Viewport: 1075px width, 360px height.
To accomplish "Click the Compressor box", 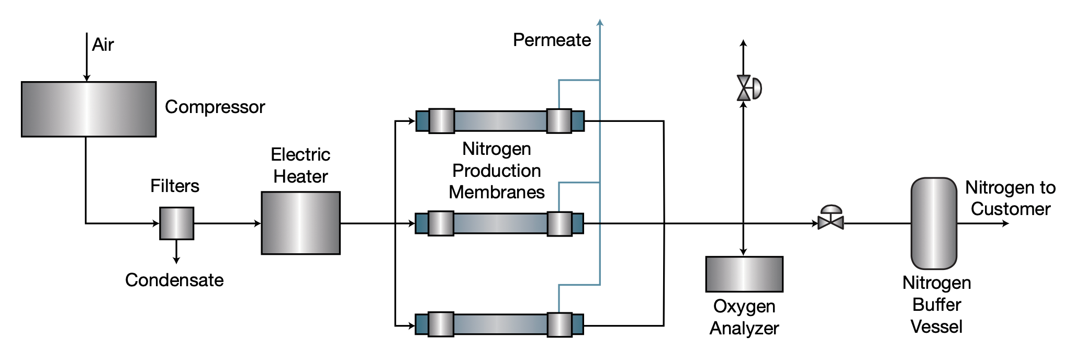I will [88, 109].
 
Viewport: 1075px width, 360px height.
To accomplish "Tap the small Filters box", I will [176, 223].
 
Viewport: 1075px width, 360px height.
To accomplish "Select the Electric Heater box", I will [300, 223].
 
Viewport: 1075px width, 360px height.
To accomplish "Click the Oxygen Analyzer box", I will [744, 274].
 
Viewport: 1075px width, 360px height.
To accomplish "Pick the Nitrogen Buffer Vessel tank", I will [934, 223].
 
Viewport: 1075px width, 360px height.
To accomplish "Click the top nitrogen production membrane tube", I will [500, 121].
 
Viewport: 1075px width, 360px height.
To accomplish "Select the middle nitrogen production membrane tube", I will [500, 223].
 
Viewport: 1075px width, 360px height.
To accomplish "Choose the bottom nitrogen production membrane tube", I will [500, 324].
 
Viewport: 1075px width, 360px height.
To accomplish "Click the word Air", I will [103, 45].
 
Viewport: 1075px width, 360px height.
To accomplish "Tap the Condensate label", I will [174, 280].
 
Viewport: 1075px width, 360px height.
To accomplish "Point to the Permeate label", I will [552, 40].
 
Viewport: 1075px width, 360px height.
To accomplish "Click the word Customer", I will [1010, 209].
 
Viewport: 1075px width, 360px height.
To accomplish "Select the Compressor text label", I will [215, 107].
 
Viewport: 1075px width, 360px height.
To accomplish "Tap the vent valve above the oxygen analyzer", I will [745, 88].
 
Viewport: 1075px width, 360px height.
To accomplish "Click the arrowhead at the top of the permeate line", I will [600, 22].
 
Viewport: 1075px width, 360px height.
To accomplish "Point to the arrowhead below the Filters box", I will [176, 260].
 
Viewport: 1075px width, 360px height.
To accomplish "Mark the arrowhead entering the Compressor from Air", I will [87, 78].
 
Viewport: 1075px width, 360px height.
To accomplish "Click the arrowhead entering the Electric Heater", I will [257, 223].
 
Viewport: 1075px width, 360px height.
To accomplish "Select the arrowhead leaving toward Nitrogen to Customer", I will [1005, 223].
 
